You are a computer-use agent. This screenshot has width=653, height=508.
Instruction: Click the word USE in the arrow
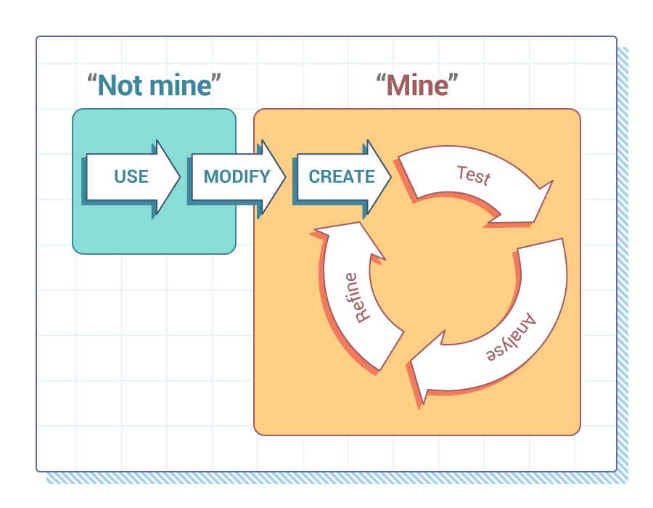click(131, 176)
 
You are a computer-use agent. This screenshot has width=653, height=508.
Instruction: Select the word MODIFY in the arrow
click(237, 176)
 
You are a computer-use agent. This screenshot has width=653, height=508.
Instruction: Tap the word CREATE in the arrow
click(342, 176)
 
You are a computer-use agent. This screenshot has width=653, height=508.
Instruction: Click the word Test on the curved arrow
click(473, 176)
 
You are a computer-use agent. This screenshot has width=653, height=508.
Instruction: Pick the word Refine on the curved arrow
click(357, 298)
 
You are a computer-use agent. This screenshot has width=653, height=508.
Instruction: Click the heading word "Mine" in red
click(417, 86)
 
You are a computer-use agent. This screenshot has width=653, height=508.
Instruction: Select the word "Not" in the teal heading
click(120, 86)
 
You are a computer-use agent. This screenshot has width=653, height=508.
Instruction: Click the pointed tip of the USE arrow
click(178, 176)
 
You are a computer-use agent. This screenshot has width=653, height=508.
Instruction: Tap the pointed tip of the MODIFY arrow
click(284, 176)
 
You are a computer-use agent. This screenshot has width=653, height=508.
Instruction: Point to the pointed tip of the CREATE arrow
click(389, 176)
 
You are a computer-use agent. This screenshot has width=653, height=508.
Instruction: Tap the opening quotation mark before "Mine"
click(380, 79)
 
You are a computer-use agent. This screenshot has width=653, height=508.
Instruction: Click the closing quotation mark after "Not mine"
click(215, 79)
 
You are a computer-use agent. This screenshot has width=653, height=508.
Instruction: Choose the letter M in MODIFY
click(210, 176)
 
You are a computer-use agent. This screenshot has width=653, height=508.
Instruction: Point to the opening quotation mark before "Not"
click(92, 79)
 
